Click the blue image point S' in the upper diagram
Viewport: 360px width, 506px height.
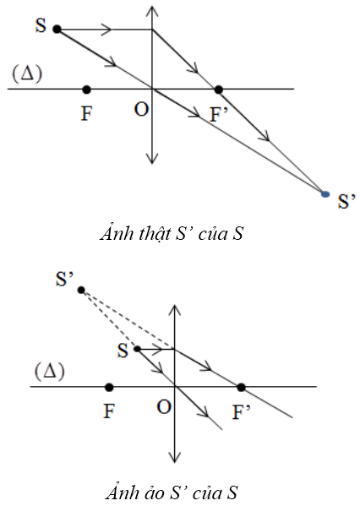tap(325, 194)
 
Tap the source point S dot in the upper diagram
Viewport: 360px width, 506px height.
tap(57, 30)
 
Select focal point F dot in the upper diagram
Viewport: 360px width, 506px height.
tap(86, 90)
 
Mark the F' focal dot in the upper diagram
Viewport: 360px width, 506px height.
tap(219, 90)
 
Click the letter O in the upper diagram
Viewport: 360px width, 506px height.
tap(141, 110)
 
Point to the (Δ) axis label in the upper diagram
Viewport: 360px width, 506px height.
tap(27, 73)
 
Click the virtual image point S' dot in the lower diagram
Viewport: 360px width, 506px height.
tap(81, 290)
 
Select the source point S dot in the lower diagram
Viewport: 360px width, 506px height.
tap(137, 349)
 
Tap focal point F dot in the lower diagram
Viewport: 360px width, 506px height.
tap(109, 387)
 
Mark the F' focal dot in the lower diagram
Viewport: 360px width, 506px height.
tap(241, 387)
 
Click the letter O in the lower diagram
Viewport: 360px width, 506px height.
tap(164, 407)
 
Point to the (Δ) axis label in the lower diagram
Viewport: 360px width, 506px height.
tap(50, 372)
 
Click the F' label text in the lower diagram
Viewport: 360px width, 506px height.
tap(241, 411)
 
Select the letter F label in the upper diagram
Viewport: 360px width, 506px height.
tap(86, 113)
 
